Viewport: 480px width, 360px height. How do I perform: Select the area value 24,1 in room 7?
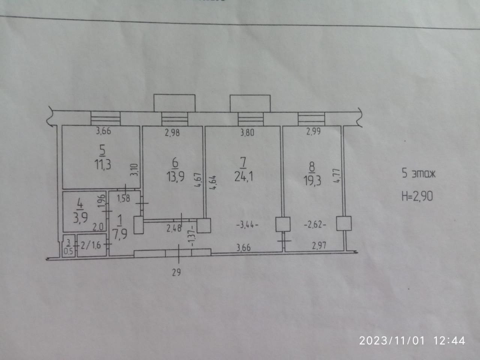click(243, 176)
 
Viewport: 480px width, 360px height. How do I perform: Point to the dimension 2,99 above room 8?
click(313, 132)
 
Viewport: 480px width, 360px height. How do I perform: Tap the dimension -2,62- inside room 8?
click(315, 225)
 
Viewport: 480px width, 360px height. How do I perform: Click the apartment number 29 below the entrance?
click(176, 272)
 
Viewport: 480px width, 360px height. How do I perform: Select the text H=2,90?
click(417, 195)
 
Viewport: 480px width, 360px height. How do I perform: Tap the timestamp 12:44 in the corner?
click(450, 340)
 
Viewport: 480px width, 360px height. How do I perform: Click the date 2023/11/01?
click(392, 340)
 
